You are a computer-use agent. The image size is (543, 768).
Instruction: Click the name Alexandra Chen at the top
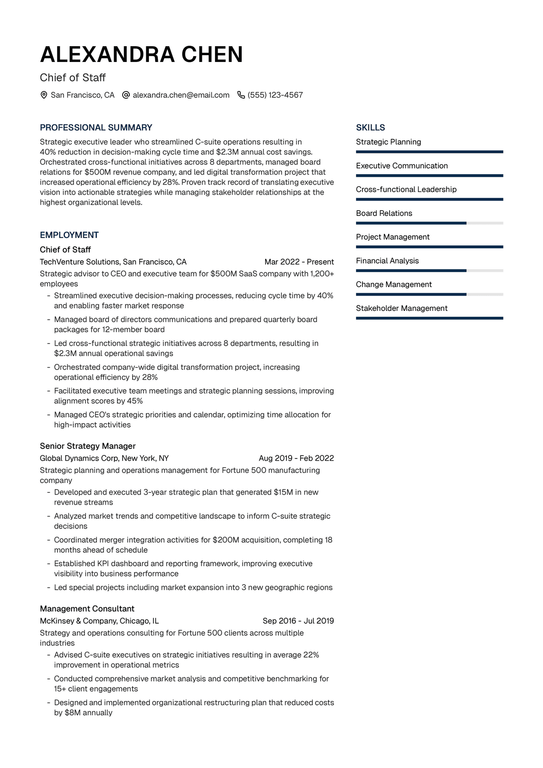coord(141,55)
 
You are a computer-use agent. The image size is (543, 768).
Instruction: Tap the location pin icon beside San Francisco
coord(44,95)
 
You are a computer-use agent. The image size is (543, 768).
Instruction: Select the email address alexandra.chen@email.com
coord(181,95)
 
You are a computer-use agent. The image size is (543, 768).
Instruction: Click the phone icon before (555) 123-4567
coord(241,95)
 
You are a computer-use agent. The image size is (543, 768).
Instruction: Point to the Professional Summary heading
coord(96,128)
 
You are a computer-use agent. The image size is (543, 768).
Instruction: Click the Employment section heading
coord(69,235)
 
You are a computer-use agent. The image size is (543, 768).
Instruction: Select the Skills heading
coord(370,128)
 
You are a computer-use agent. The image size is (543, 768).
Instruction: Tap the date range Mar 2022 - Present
coord(299,262)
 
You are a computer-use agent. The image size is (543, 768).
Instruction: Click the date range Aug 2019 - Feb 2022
coord(296,458)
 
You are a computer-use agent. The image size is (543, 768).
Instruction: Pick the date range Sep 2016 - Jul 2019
coord(298,621)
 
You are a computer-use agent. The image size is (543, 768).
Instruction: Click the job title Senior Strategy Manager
coord(88,446)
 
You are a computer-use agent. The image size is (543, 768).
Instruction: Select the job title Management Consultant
coord(87,609)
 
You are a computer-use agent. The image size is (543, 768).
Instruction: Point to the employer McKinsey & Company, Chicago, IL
coord(99,621)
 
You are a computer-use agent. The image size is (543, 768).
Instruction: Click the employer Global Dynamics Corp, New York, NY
coord(104,458)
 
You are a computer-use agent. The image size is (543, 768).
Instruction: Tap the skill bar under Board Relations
coord(429,223)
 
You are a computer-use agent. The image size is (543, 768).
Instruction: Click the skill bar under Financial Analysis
coord(429,271)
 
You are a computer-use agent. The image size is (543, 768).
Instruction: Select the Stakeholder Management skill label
coord(401,308)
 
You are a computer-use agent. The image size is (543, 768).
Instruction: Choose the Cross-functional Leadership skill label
coord(406,189)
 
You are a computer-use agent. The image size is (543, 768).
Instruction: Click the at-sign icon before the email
coord(126,95)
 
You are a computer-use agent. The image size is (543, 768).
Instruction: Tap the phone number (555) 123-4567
coord(275,95)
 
